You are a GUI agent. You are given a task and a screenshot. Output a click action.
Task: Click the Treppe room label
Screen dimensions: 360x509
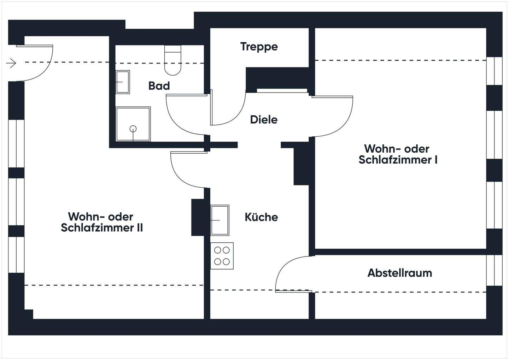point(259,47)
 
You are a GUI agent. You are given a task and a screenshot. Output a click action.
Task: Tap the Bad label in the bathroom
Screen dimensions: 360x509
point(159,86)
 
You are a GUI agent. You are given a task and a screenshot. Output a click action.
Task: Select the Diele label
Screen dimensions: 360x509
point(263,120)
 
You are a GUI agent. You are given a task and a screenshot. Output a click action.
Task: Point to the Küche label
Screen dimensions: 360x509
point(261,217)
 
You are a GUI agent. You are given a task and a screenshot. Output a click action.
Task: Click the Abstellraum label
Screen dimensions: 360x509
point(399,273)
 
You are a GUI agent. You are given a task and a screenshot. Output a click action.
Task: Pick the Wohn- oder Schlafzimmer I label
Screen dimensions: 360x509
point(398,154)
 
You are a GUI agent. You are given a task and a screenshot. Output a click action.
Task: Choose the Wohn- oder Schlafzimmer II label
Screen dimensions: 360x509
point(102,222)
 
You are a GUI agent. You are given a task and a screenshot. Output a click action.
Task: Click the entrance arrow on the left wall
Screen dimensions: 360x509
point(11,64)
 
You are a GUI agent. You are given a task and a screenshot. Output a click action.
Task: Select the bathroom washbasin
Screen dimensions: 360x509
point(123,82)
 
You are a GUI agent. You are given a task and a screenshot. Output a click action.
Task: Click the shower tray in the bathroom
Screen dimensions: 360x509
point(133,124)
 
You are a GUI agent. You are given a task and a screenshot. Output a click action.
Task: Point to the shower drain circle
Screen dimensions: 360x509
point(133,129)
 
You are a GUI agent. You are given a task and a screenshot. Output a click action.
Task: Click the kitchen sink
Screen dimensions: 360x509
point(220,220)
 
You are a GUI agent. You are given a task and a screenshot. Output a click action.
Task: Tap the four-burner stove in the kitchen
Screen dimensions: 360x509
point(222,256)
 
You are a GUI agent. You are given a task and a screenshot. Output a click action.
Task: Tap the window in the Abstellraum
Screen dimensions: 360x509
point(494,270)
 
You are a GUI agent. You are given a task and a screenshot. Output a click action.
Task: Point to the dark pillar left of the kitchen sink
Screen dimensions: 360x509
point(198,217)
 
